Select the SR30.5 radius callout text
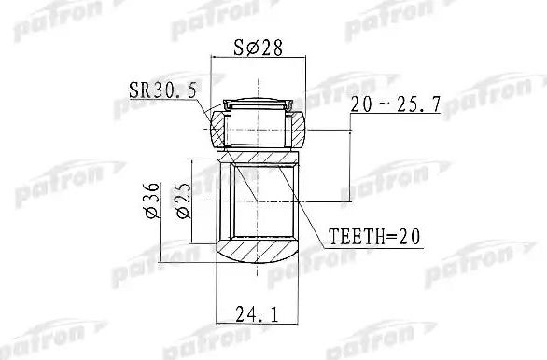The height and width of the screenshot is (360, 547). point(157,90)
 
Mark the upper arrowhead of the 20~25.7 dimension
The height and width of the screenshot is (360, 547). point(350,129)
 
